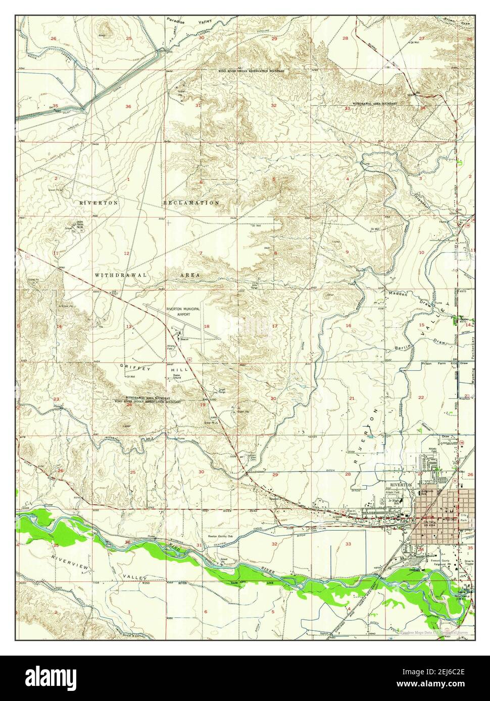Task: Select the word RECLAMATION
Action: point(191,202)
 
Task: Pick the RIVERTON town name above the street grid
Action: point(401,484)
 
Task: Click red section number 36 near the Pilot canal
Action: point(128,106)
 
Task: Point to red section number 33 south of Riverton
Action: point(348,544)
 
